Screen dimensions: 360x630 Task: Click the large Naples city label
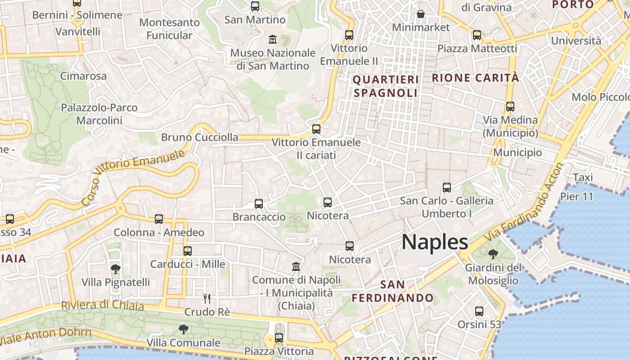point(435,242)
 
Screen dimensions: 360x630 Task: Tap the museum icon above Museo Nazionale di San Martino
point(273,40)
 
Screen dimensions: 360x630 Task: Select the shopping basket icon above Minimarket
point(421,14)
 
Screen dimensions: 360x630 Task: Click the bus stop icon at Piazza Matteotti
point(477,35)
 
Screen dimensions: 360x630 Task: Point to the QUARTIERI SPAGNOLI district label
point(386,86)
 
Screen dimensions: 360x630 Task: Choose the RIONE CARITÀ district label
point(476,77)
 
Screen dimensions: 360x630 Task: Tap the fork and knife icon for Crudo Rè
point(207,298)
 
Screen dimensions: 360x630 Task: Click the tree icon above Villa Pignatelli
point(116,269)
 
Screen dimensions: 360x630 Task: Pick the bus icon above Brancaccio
point(259,204)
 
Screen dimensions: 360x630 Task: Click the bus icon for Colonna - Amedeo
point(159,219)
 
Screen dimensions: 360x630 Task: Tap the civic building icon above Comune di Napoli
point(296,267)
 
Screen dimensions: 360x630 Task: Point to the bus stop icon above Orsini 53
point(479,311)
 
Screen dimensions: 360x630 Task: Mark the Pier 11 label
point(576,197)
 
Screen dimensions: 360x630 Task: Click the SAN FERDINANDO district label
point(392,291)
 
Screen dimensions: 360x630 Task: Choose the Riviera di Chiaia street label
point(103,305)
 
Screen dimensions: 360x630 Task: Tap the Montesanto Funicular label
point(169,28)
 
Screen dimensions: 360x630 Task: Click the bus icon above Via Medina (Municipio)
point(510,107)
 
